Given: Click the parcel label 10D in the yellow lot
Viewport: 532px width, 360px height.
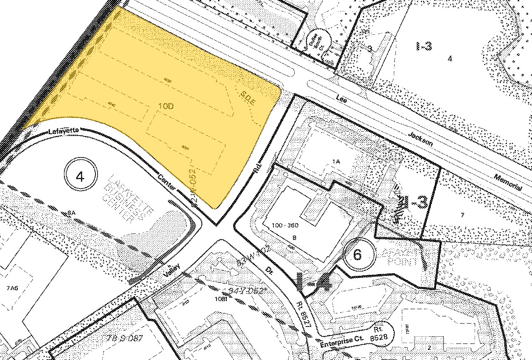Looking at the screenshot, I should click(166, 106).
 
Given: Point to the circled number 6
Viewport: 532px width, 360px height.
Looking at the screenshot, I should click(358, 255).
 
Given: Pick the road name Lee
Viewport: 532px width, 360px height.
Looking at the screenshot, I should click(341, 98).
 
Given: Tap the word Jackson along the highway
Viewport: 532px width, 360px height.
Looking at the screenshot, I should click(421, 139).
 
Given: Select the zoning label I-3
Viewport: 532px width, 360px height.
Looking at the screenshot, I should click(424, 46).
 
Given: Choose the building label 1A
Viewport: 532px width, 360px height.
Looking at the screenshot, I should click(336, 161).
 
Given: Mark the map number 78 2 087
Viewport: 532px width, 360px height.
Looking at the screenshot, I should click(125, 338).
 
